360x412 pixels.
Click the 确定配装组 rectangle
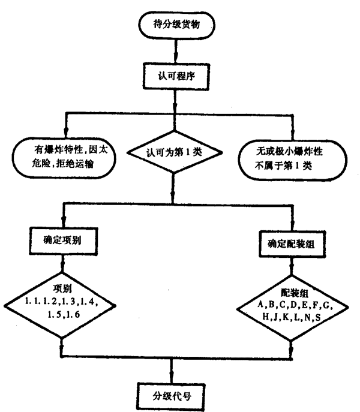pyautogui.click(x=290, y=244)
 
